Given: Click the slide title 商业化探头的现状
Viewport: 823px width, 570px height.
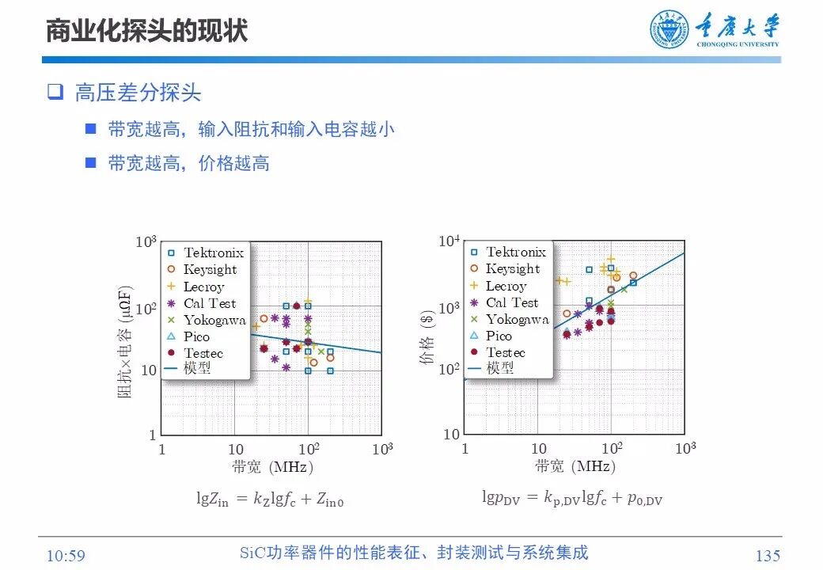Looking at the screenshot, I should click(146, 31).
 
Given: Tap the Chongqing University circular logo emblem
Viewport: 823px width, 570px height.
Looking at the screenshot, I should click(669, 30).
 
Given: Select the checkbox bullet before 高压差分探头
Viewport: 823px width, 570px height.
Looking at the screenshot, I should click(55, 92).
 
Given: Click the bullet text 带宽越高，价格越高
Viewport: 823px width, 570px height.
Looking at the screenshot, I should click(188, 163).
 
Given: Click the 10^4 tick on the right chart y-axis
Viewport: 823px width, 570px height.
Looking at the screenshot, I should click(449, 241).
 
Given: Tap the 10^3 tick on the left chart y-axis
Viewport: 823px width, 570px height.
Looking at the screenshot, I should click(146, 241).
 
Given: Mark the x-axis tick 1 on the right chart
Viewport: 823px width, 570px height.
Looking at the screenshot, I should click(465, 450).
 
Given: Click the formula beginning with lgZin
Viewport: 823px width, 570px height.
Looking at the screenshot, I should click(270, 499).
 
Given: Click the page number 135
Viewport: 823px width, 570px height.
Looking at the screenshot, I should click(768, 556).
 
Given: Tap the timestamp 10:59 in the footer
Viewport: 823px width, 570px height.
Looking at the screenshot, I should click(66, 556).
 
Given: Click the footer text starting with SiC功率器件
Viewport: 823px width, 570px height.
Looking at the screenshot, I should click(413, 553).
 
